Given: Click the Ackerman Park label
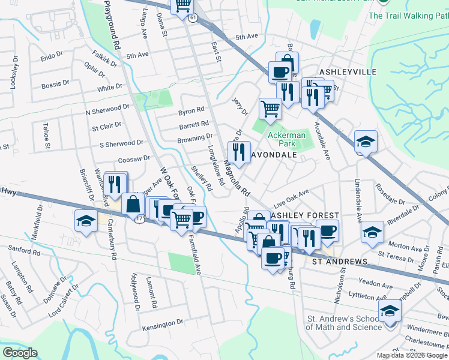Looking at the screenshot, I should click(286, 140).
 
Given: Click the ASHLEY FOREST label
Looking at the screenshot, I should click(305, 215).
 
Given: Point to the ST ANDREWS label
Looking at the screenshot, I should click(338, 262).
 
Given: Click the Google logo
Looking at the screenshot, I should click(20, 353).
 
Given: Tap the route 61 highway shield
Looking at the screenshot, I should click(192, 19).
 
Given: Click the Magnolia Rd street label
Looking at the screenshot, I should click(237, 178).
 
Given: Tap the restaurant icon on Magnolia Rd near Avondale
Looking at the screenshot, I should click(240, 152).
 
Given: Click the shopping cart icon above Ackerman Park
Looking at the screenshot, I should click(270, 109).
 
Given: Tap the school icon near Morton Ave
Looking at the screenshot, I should click(372, 232).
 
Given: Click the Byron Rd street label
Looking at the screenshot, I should click(191, 111).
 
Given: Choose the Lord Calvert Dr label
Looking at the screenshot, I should click(64, 300).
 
